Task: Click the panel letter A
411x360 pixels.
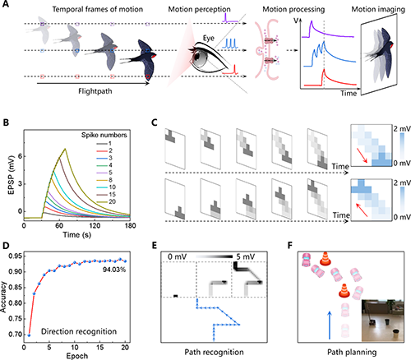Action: pyautogui.click(x=5, y=4)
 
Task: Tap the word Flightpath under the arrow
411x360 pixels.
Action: pyautogui.click(x=95, y=91)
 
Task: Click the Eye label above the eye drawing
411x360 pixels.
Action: pyautogui.click(x=209, y=38)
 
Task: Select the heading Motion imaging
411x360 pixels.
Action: pyautogui.click(x=378, y=9)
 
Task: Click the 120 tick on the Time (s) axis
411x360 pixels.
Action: pyautogui.click(x=95, y=225)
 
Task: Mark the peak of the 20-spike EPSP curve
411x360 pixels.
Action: pyautogui.click(x=65, y=149)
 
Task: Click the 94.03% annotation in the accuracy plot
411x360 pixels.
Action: pyautogui.click(x=114, y=270)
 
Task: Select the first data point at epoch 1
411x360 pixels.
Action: pyautogui.click(x=29, y=335)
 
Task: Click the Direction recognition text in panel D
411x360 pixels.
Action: pyautogui.click(x=79, y=331)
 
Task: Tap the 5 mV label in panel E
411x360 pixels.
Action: pyautogui.click(x=246, y=256)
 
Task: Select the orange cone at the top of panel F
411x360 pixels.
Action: pyautogui.click(x=326, y=259)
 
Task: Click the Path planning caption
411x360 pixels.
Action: pyautogui.click(x=352, y=352)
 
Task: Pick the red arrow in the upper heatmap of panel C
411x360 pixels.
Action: pyautogui.click(x=363, y=155)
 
